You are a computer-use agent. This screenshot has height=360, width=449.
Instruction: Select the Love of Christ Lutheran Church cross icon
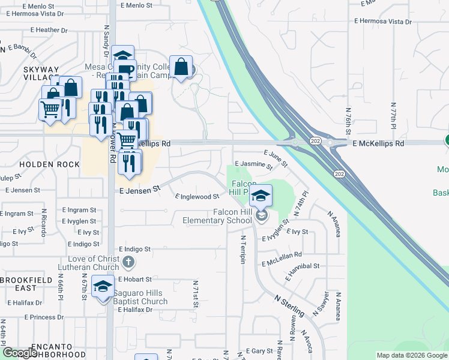(x=128, y=262)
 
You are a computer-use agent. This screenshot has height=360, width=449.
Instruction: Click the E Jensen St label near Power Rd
(x=140, y=188)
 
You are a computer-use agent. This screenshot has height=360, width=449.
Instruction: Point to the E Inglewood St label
(x=197, y=196)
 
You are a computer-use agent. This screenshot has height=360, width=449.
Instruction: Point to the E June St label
(x=276, y=158)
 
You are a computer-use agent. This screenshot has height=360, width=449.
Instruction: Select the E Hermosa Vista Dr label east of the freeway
(x=383, y=21)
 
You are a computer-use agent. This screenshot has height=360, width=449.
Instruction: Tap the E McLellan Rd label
(x=285, y=254)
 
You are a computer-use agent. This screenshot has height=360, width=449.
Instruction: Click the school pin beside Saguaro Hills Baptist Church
(x=103, y=287)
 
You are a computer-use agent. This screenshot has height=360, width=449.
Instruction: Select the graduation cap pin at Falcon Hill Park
(x=261, y=195)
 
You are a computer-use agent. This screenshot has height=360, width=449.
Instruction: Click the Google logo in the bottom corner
(x=19, y=353)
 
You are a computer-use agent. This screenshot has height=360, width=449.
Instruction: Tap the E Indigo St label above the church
(x=134, y=248)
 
